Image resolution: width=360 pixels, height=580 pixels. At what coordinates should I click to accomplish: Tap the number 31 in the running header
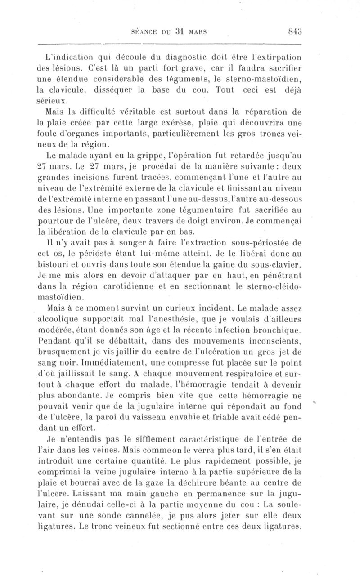pos(178,31)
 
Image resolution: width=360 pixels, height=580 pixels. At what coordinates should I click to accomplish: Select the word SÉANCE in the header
pos(144,32)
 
